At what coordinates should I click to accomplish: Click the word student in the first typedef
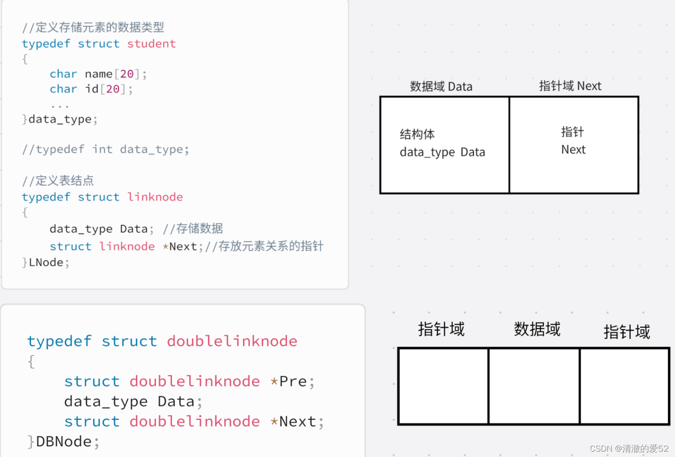(x=151, y=44)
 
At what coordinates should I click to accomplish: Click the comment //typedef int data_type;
(x=106, y=149)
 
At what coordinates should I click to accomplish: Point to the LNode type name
(x=46, y=263)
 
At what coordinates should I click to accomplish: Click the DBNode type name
(x=64, y=442)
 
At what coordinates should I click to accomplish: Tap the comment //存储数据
(x=193, y=229)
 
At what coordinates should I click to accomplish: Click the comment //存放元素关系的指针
(x=264, y=246)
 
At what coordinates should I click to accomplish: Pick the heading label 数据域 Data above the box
(x=441, y=87)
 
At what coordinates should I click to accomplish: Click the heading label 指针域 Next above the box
(x=570, y=86)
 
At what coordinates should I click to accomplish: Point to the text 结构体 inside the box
(x=417, y=134)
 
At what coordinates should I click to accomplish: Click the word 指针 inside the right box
(x=572, y=132)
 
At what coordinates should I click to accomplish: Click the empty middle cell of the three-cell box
(x=534, y=386)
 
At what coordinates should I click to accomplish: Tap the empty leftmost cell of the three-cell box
(x=443, y=386)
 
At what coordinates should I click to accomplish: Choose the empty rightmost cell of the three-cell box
(x=624, y=386)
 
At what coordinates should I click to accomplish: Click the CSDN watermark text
(x=629, y=448)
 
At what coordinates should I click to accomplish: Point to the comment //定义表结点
(x=58, y=181)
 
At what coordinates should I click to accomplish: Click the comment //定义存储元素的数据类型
(x=93, y=28)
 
